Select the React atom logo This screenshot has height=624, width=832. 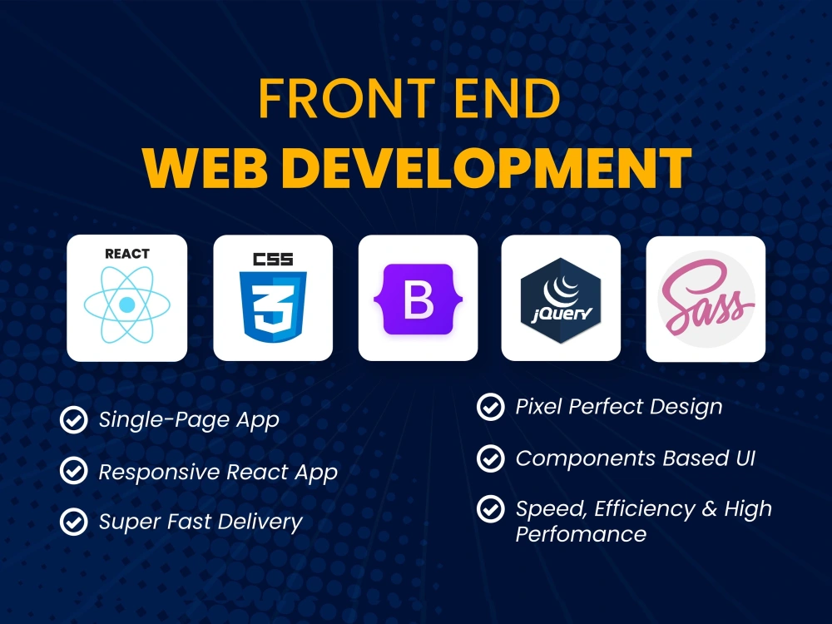126,305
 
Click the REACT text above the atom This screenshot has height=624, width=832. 127,254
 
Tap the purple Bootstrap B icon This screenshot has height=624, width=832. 418,300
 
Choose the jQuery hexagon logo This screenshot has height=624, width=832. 561,300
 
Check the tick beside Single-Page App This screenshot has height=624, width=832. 74,420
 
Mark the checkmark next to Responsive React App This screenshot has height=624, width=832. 74,472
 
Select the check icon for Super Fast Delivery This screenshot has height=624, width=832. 74,522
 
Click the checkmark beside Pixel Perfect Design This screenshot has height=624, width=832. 490,407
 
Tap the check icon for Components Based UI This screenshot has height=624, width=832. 490,458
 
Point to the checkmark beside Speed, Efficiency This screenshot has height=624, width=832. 490,509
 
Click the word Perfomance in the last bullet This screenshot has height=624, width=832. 581,534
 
